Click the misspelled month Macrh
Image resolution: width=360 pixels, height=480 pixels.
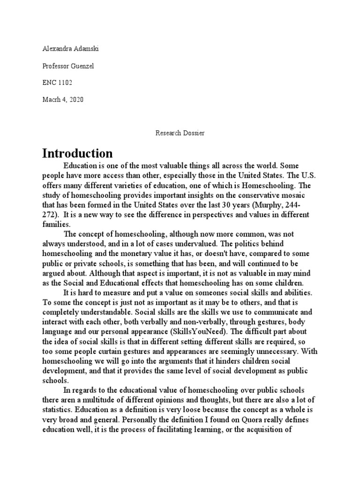(x=51, y=99)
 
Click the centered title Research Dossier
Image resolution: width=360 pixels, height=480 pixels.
(x=180, y=133)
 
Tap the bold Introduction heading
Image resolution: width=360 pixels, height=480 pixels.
(x=77, y=153)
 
